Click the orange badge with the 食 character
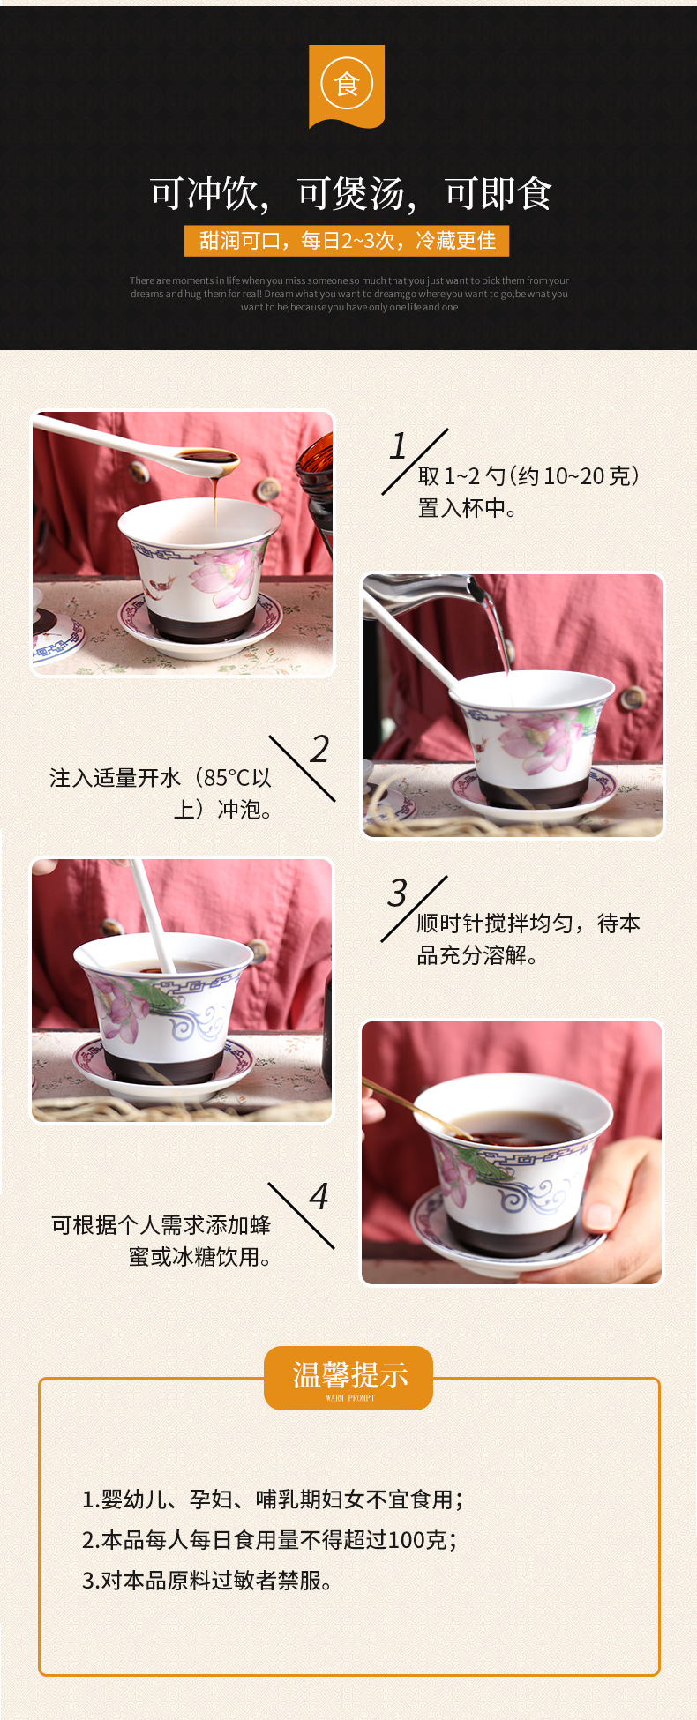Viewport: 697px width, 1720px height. pyautogui.click(x=347, y=86)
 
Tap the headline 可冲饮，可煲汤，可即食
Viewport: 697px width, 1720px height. pyautogui.click(x=350, y=194)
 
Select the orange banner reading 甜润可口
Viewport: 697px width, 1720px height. pyautogui.click(x=347, y=241)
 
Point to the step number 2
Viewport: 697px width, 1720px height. pyautogui.click(x=319, y=750)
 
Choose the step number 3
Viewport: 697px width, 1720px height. pyautogui.click(x=398, y=894)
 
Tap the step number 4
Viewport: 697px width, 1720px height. pyautogui.click(x=319, y=1197)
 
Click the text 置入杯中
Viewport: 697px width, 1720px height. pyautogui.click(x=467, y=509)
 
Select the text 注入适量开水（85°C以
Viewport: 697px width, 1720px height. pyautogui.click(x=161, y=778)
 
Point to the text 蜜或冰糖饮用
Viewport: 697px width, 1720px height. pyautogui.click(x=199, y=1257)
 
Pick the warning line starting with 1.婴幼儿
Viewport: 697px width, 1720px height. pyautogui.click(x=273, y=1499)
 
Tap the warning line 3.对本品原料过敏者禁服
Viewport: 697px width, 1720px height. pyautogui.click(x=207, y=1581)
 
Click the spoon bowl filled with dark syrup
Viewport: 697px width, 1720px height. pyautogui.click(x=208, y=460)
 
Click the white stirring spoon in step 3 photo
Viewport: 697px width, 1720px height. pyautogui.click(x=152, y=917)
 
